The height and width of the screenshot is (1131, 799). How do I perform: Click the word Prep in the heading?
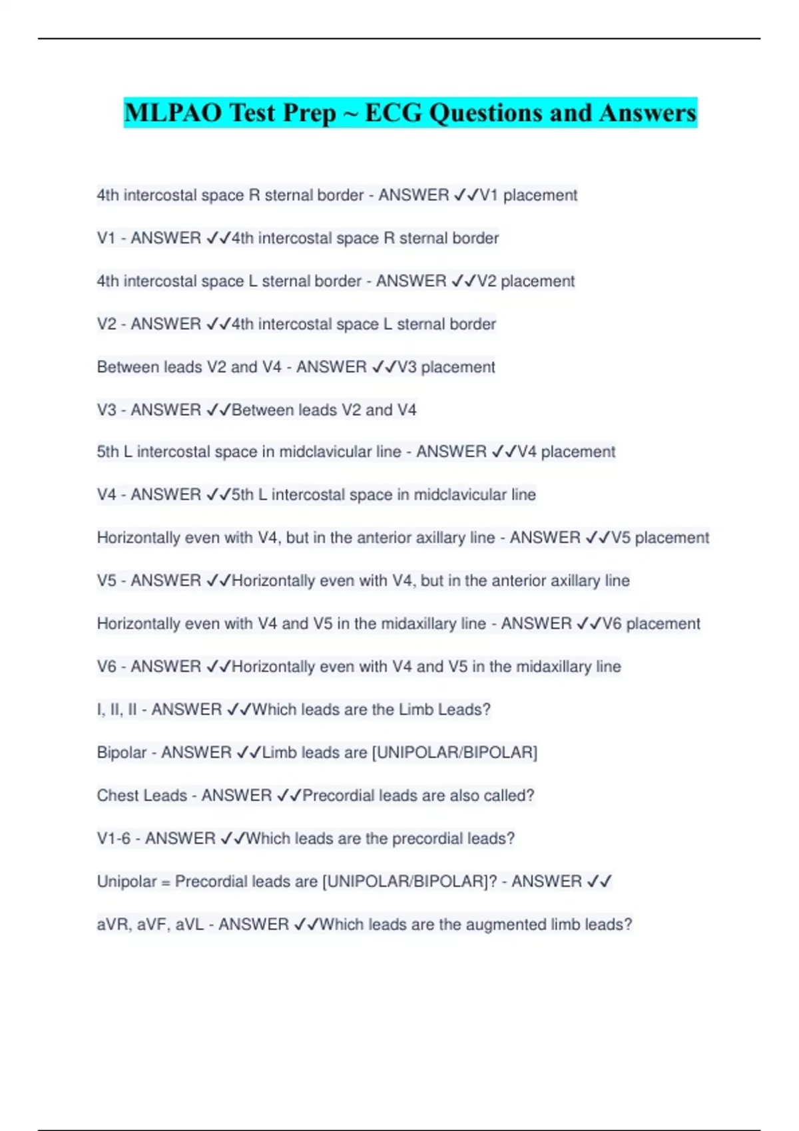[309, 114]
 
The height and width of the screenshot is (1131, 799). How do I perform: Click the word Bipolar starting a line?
[121, 752]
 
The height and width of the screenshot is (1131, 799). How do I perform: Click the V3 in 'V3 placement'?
[407, 367]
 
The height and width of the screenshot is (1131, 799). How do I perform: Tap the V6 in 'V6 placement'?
[612, 624]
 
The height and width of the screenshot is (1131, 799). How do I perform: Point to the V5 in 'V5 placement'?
[621, 538]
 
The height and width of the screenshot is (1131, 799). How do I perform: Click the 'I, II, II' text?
[117, 710]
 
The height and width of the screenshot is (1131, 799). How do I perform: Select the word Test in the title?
[252, 112]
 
